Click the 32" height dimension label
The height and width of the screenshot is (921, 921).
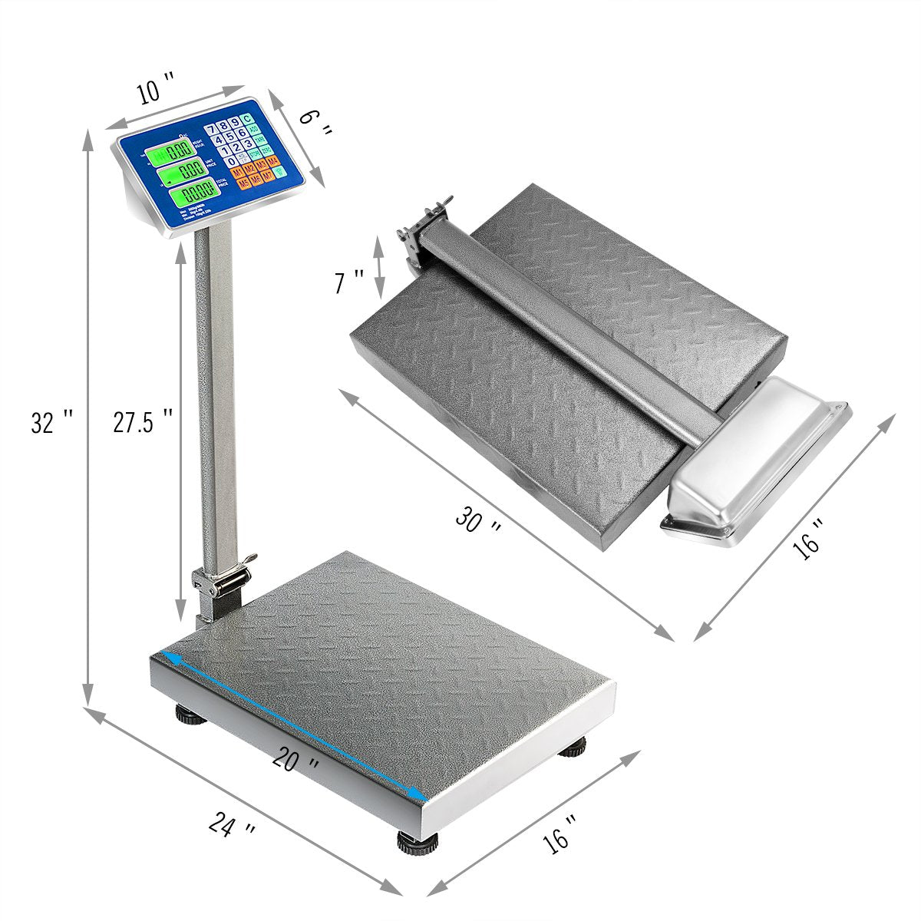[x=52, y=421]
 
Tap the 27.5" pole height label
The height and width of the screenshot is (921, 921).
[x=142, y=421]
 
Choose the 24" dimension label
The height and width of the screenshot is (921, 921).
[x=232, y=827]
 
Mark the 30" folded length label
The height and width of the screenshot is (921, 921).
[x=478, y=521]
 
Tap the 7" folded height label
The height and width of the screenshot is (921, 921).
[x=349, y=282]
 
